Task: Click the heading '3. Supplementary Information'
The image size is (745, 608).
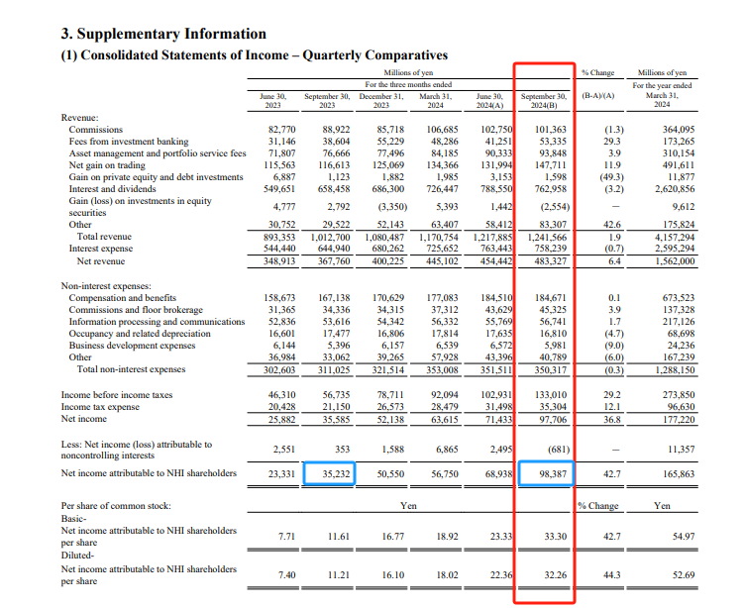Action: click(163, 35)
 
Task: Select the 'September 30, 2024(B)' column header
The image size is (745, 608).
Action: click(544, 101)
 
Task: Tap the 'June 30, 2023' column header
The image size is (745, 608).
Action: click(272, 101)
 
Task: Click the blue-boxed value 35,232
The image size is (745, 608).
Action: click(336, 473)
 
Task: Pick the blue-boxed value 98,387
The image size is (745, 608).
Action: click(553, 473)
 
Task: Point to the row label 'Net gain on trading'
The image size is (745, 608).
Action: click(107, 165)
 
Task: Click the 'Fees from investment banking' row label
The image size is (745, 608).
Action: click(129, 142)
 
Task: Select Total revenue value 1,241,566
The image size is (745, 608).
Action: click(547, 237)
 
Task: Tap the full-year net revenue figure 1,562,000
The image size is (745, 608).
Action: click(675, 260)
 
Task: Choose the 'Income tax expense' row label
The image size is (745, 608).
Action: click(100, 407)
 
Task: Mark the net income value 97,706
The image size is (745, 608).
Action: click(553, 420)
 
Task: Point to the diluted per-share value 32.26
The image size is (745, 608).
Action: click(556, 575)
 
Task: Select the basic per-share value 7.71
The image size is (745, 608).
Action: click(286, 537)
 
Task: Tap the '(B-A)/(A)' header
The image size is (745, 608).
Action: click(598, 96)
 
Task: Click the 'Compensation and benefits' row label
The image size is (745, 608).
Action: click(123, 298)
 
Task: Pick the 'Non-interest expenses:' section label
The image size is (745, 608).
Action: click(106, 286)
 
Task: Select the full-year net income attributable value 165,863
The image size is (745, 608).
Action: click(679, 473)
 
